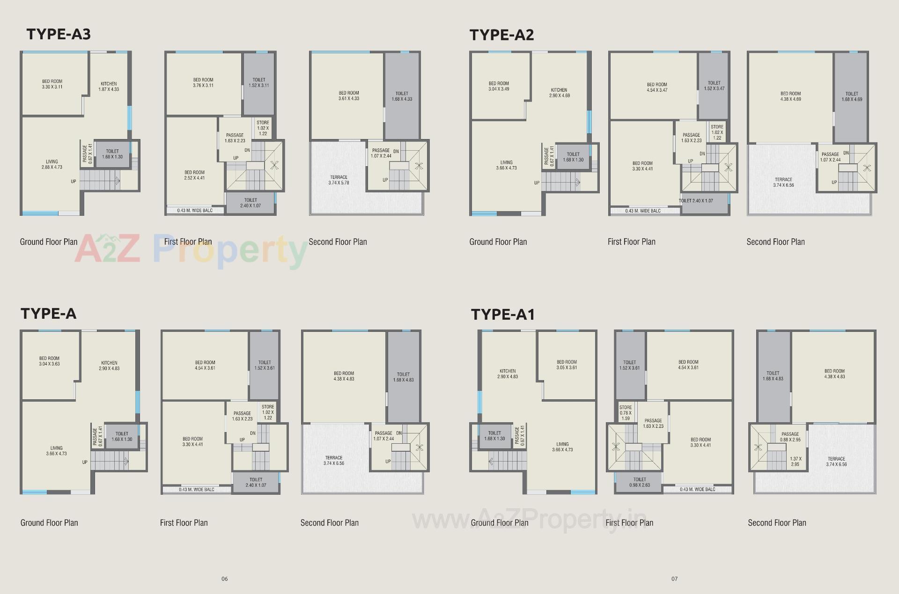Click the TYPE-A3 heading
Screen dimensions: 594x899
click(x=59, y=34)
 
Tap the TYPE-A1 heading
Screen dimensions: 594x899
click(x=502, y=315)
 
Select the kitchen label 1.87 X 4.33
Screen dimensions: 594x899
click(x=109, y=87)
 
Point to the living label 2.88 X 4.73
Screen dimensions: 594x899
click(x=52, y=164)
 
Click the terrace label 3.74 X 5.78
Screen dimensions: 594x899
click(x=339, y=180)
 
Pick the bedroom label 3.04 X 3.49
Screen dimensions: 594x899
click(x=499, y=86)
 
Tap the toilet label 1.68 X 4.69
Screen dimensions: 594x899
click(x=852, y=96)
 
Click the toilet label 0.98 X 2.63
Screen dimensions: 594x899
click(x=640, y=482)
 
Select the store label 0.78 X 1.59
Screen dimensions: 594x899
click(x=626, y=413)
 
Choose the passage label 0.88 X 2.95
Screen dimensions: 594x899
click(x=790, y=437)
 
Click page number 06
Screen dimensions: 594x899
click(x=225, y=579)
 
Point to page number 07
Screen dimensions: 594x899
click(x=674, y=579)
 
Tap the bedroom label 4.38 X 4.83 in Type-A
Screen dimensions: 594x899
click(x=344, y=376)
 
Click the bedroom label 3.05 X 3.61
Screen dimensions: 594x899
click(x=567, y=365)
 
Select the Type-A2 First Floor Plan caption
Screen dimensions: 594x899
click(x=631, y=242)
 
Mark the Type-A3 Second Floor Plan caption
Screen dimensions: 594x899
click(x=338, y=242)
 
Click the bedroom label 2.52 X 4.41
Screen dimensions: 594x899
click(x=194, y=175)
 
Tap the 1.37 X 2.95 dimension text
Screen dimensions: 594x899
click(x=796, y=462)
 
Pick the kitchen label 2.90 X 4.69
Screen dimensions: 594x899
click(x=559, y=93)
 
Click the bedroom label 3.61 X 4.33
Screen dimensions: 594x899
click(x=349, y=96)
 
